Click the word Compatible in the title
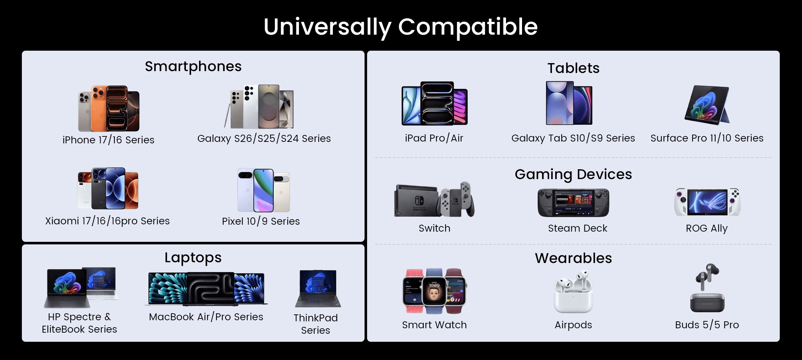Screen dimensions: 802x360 pyautogui.click(x=468, y=27)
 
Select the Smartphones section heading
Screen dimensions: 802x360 pyautogui.click(x=193, y=66)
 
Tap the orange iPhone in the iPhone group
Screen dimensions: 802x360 pyautogui.click(x=98, y=108)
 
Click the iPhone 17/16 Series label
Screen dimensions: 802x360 pyautogui.click(x=108, y=140)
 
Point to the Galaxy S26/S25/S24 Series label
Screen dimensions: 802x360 pyautogui.click(x=264, y=139)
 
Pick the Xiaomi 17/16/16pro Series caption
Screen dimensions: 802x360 pyautogui.click(x=108, y=221)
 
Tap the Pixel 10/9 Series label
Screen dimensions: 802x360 pyautogui.click(x=261, y=221)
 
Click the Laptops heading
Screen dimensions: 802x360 pyautogui.click(x=193, y=258)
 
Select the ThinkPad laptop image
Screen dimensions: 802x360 pyautogui.click(x=318, y=289)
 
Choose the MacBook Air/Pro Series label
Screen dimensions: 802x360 pyautogui.click(x=206, y=317)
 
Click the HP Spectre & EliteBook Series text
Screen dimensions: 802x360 pyautogui.click(x=79, y=323)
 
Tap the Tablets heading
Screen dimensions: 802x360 pyautogui.click(x=573, y=68)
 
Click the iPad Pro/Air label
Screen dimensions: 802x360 pyautogui.click(x=434, y=138)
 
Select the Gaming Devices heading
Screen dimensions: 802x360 pyautogui.click(x=573, y=175)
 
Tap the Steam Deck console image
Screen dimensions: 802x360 pyautogui.click(x=573, y=203)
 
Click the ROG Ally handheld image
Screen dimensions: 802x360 pyautogui.click(x=707, y=202)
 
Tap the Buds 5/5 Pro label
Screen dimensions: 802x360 pyautogui.click(x=707, y=325)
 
